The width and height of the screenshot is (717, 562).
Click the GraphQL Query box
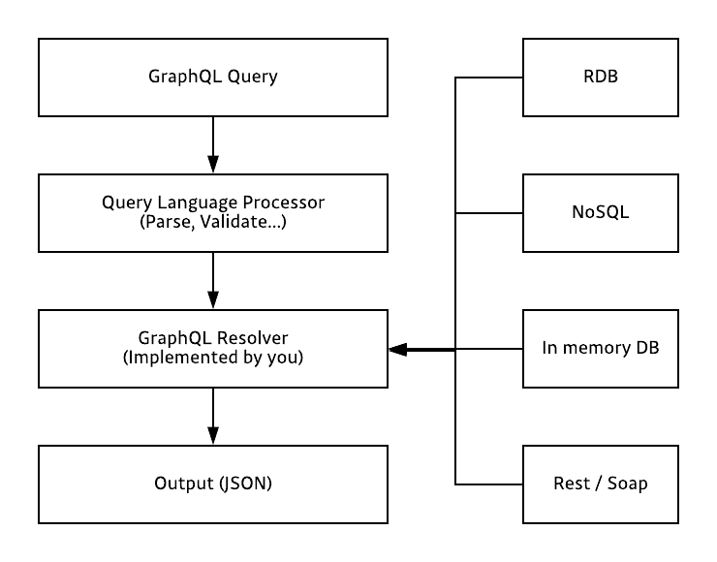point(212,77)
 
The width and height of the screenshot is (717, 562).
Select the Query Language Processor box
point(212,212)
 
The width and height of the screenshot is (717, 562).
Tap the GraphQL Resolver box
point(212,348)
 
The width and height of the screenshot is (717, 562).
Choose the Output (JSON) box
point(212,484)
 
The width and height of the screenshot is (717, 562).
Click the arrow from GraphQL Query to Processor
point(212,144)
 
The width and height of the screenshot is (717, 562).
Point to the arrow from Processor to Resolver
point(212,280)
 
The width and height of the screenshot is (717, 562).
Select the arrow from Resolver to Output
point(212,416)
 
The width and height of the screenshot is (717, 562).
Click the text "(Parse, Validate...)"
point(212,222)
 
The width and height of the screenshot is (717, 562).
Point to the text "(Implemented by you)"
point(212,358)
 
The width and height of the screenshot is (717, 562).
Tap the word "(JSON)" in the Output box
point(241,484)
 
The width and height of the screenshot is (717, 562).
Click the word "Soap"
point(626,484)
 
